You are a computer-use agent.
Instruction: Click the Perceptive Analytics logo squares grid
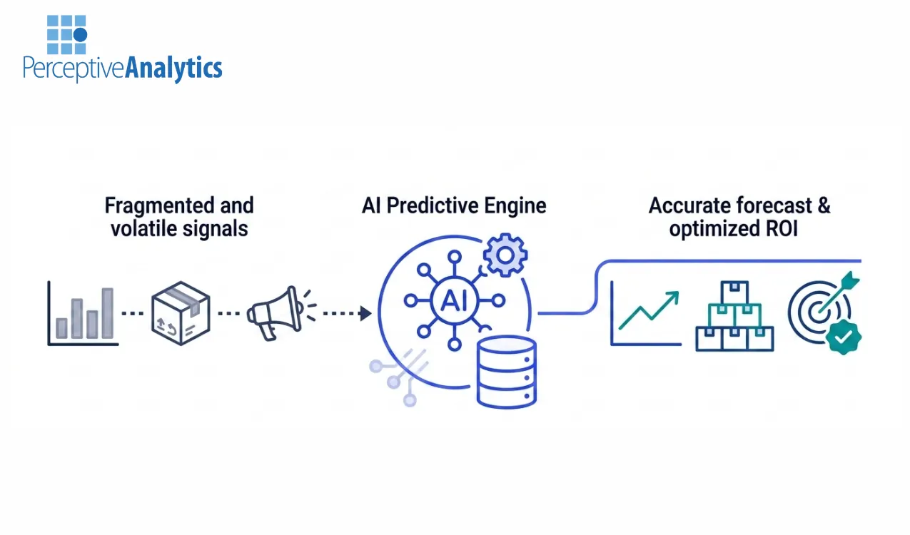(66, 34)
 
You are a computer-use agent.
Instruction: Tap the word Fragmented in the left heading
(149, 206)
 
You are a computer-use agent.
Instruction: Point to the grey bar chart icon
(83, 314)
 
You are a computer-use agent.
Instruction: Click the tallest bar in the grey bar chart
(107, 313)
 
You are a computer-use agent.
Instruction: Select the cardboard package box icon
(181, 313)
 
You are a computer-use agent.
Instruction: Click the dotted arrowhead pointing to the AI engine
(365, 313)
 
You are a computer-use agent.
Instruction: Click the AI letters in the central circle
(455, 301)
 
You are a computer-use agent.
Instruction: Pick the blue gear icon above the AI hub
(505, 255)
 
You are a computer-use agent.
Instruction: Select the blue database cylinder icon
(506, 372)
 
